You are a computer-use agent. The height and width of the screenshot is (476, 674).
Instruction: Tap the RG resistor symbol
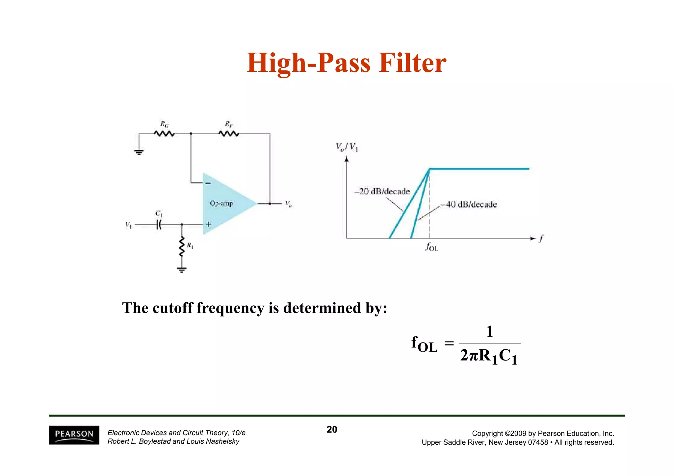point(164,134)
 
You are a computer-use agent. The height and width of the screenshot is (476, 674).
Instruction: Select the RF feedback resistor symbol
point(229,134)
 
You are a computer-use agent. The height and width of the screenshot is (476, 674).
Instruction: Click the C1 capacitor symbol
point(159,225)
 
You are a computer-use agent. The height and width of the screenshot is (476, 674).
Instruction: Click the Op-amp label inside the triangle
point(221,203)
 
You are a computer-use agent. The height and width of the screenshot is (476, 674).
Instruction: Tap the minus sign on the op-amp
point(208,183)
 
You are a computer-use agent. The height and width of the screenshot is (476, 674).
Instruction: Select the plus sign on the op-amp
point(208,224)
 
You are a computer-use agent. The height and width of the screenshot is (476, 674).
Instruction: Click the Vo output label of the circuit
point(288,204)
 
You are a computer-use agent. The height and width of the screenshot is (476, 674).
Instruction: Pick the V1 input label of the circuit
point(128,225)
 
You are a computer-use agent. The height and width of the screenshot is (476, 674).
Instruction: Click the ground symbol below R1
point(182,270)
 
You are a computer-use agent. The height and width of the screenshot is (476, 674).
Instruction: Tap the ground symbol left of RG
point(139,152)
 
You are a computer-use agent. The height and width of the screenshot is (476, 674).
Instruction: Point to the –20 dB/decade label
point(382,191)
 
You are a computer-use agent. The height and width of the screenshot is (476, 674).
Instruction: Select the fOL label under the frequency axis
point(432,247)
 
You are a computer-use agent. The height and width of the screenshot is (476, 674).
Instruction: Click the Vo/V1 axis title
point(347,147)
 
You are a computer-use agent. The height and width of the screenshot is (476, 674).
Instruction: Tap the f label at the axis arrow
point(541,238)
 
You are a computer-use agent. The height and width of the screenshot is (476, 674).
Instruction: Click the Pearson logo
point(74,435)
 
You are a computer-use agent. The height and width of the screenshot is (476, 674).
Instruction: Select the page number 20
point(332,429)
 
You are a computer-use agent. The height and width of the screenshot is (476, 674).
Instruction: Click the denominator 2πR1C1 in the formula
point(489,356)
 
